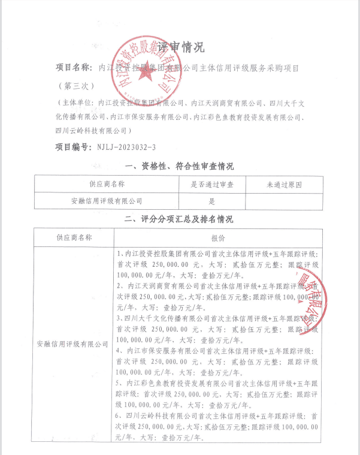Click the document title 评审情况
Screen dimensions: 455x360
[180, 47]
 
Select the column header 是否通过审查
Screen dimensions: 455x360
[212, 185]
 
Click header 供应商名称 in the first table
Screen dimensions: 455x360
[107, 185]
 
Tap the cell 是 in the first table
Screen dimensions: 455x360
[212, 201]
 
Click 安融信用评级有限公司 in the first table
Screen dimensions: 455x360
[107, 201]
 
